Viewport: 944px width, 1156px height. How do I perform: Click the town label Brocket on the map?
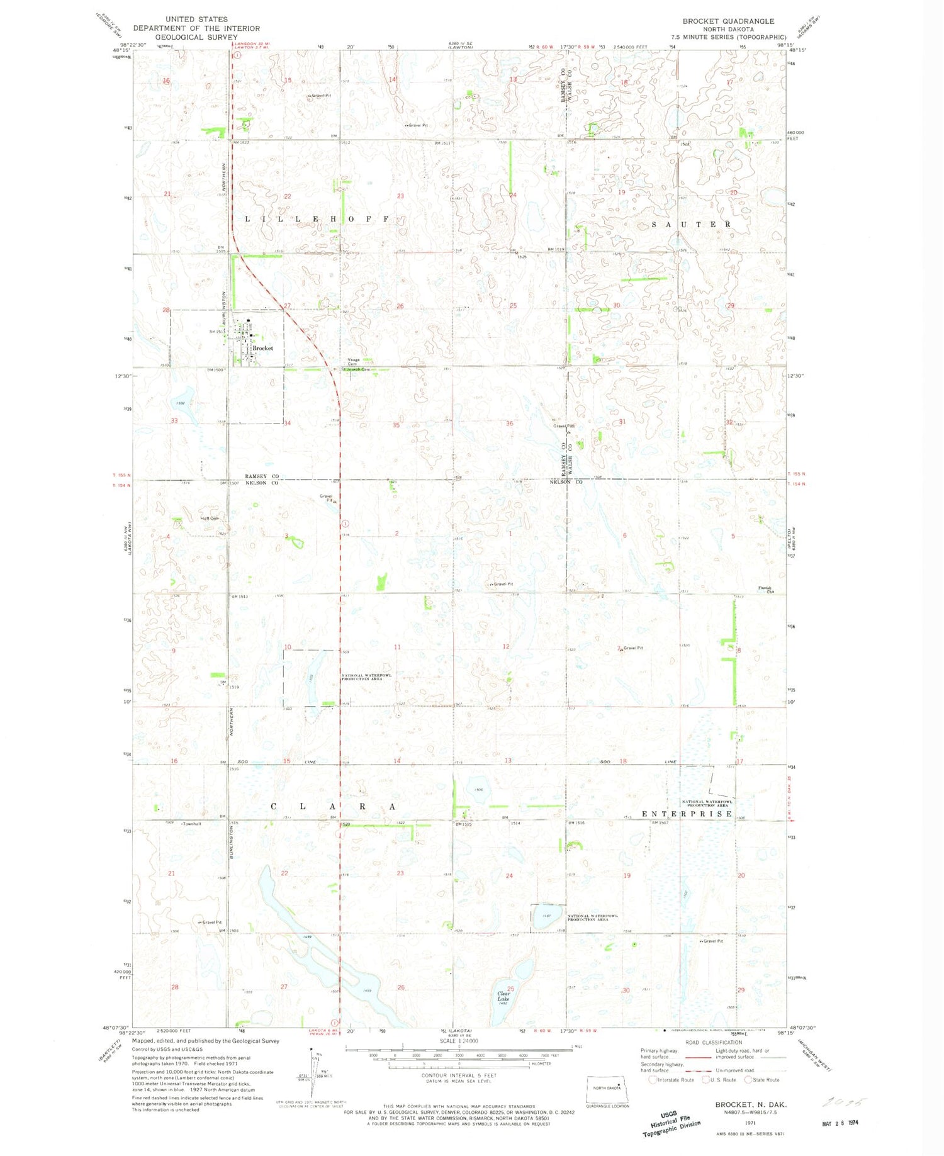click(262, 348)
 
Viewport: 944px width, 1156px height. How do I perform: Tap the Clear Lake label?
click(503, 996)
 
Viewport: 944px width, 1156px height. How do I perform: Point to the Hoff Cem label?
click(210, 519)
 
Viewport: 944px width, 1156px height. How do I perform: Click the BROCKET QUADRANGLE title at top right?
click(728, 21)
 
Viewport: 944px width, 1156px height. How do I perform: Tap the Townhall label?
click(192, 824)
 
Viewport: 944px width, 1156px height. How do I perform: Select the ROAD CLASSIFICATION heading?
click(713, 1042)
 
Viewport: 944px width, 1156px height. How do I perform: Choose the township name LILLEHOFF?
click(317, 219)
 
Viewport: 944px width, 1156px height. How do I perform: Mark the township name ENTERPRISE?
click(687, 814)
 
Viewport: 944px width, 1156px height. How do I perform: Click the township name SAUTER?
click(691, 224)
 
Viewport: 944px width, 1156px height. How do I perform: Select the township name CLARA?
click(334, 806)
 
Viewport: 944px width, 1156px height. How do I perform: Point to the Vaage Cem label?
click(353, 362)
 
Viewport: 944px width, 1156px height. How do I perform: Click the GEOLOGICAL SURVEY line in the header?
click(196, 37)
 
